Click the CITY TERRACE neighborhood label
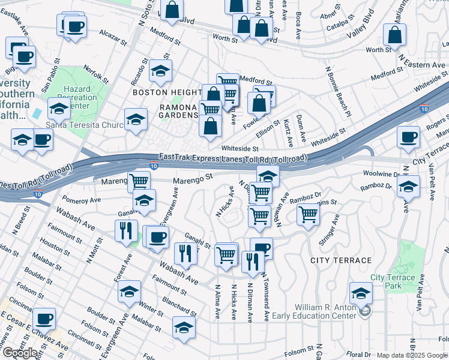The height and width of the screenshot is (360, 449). click(x=341, y=260)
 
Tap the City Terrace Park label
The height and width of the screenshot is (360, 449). click(x=393, y=281)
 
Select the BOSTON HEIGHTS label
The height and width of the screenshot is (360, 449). click(x=166, y=92)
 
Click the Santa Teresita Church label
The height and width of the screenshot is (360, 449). click(x=84, y=125)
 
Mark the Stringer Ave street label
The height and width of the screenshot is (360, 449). click(x=328, y=233)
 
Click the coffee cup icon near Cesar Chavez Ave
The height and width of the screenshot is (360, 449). click(x=43, y=317)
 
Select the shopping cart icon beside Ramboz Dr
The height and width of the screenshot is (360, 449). click(x=308, y=214)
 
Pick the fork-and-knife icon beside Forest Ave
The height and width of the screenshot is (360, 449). click(x=125, y=230)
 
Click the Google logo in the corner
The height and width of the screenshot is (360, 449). click(x=20, y=353)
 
